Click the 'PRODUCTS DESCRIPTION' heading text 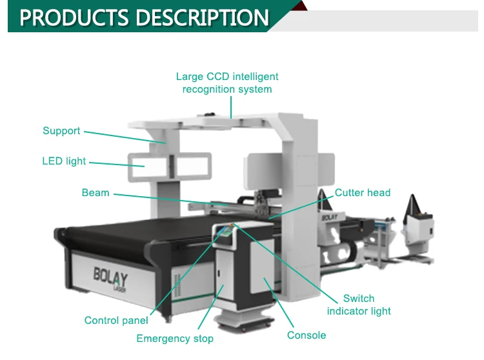click(x=143, y=17)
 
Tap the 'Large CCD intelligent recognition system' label click(x=227, y=83)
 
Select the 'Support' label click(x=61, y=131)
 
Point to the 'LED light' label click(x=64, y=161)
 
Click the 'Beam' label click(x=96, y=192)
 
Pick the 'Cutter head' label click(x=362, y=192)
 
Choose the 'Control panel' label click(x=116, y=320)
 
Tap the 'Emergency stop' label click(x=174, y=338)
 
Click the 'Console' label click(x=307, y=335)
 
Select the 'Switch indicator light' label click(x=359, y=305)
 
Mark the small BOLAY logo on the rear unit click(x=330, y=217)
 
